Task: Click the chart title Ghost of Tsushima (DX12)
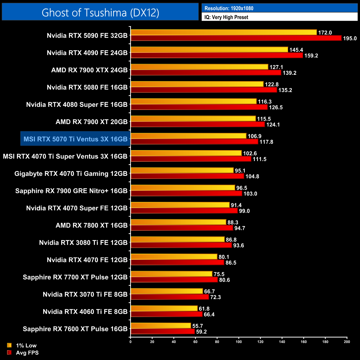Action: coord(100,12)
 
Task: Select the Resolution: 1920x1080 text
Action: coord(229,8)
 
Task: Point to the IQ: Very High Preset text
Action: coord(226,17)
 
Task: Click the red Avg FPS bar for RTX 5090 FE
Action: coord(236,38)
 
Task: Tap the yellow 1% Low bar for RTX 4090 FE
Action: coord(209,50)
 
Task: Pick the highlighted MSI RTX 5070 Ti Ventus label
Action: coord(75,139)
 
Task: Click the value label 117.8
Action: coord(266,142)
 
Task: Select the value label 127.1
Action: coord(276,67)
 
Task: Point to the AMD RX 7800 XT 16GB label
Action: coord(91,225)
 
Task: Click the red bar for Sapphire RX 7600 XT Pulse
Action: coord(163,331)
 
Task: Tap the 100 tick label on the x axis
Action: coord(238,342)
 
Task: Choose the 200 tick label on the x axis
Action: coord(347,342)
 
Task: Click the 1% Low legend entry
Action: coord(26,345)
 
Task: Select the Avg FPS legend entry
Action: coord(27,353)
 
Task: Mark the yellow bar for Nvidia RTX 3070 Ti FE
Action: coord(167,291)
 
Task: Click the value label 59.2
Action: coord(201,332)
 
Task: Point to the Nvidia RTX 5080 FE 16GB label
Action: coord(87,88)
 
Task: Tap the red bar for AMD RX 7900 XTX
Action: coord(206,73)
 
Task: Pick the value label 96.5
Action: coord(241,188)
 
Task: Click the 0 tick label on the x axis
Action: coord(130,342)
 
